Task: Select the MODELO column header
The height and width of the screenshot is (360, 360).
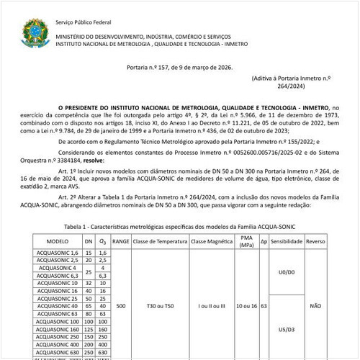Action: [57, 241]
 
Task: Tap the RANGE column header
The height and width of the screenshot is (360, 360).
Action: [121, 241]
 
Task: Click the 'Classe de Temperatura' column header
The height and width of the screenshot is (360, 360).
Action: [159, 241]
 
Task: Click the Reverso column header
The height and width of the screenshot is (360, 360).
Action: [315, 241]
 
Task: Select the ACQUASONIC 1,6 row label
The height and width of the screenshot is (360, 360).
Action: [57, 253]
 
